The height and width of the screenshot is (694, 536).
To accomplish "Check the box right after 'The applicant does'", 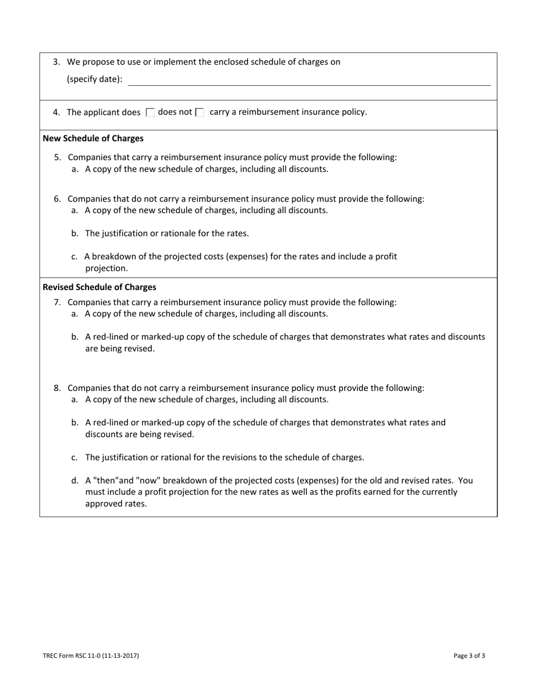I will click(150, 113).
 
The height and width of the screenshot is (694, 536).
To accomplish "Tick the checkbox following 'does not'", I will click(199, 113).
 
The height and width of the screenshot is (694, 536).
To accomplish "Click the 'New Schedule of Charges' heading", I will click(93, 138).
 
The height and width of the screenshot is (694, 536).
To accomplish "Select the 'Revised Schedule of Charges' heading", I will click(99, 287).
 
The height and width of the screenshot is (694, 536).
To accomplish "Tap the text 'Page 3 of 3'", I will click(469, 656).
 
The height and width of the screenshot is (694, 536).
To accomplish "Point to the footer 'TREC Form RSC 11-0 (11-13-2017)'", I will click(91, 656).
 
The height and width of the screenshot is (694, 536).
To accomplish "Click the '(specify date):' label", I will click(94, 80).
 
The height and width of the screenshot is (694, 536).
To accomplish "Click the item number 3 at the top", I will click(56, 62).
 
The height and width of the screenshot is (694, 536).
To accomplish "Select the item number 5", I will click(57, 157).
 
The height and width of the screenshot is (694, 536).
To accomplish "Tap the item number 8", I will click(57, 388).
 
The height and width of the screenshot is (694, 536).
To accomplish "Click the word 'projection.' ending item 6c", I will click(107, 268).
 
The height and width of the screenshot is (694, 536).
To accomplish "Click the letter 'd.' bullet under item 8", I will click(75, 481).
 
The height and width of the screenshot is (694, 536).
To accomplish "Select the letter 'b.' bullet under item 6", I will click(75, 234).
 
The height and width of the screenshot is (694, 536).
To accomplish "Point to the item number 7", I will click(57, 302).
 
